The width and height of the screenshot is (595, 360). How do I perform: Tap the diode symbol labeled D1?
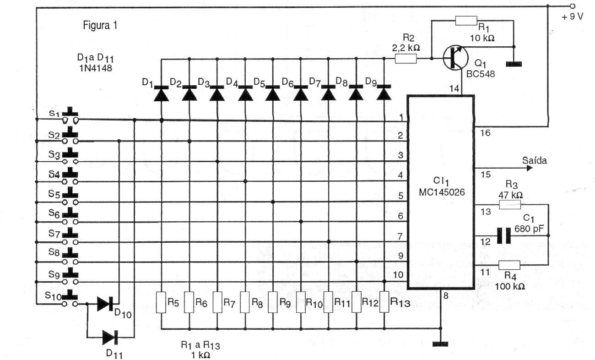(161, 93)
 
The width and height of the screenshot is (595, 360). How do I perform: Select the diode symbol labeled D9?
(384, 93)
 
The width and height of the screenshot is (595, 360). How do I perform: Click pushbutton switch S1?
(70, 116)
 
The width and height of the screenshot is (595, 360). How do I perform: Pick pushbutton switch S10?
(70, 299)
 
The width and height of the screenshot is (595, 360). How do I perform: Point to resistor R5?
(161, 302)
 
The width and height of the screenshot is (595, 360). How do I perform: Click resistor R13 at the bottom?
(384, 302)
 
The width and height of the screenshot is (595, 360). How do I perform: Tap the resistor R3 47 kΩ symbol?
(510, 206)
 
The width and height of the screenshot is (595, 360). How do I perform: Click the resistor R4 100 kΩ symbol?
(509, 265)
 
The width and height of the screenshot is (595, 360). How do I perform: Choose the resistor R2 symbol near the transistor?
(406, 59)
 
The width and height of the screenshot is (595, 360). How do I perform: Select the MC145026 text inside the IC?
(441, 192)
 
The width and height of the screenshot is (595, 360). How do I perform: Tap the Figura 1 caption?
(100, 25)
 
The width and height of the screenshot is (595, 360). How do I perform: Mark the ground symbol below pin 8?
(440, 343)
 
